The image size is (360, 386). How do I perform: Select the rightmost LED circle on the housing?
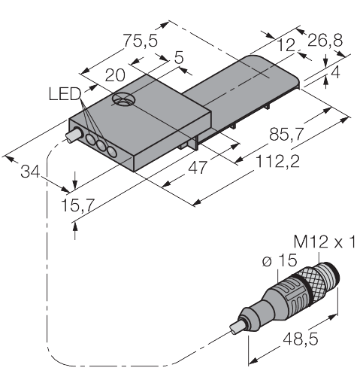click(111, 153)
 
